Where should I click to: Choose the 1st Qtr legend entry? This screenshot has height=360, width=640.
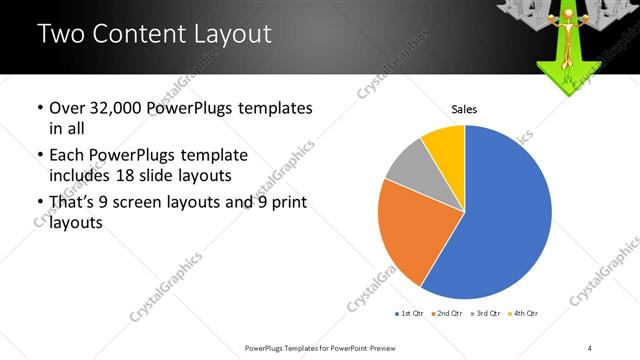[x=410, y=314]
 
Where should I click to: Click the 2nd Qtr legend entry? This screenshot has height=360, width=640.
[x=446, y=314]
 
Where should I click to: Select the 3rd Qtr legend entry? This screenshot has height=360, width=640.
[x=483, y=314]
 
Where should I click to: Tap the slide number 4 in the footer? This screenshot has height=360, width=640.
[x=590, y=347]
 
